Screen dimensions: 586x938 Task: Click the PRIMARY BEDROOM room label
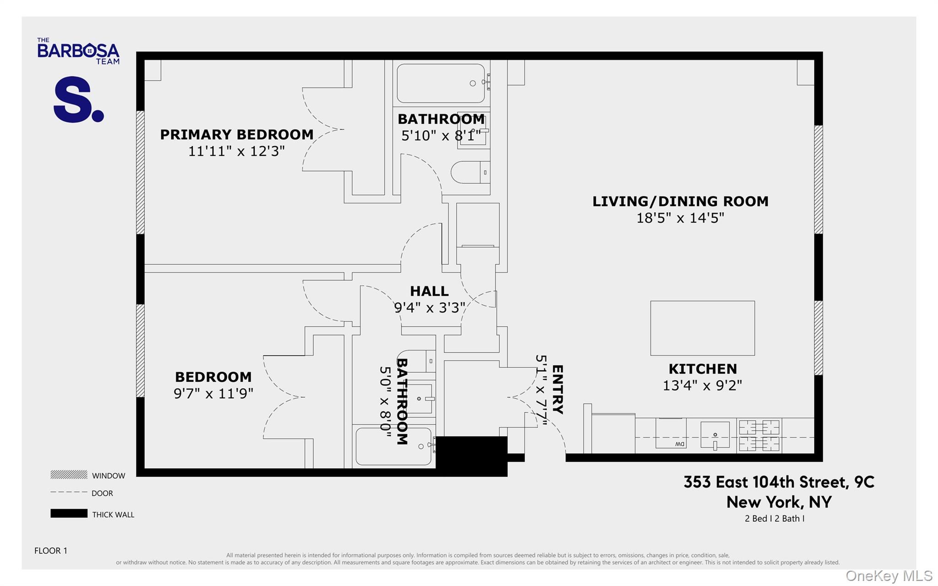236,135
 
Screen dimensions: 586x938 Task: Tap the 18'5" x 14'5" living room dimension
680,218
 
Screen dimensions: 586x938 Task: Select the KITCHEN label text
703,369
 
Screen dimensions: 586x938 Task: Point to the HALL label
429,291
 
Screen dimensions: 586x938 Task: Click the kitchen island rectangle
702,328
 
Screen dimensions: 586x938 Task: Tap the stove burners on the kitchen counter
759,435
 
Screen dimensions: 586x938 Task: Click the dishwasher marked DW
671,433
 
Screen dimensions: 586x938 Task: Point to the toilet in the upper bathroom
469,172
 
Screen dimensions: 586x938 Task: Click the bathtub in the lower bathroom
393,446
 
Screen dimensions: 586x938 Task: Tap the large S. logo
78,99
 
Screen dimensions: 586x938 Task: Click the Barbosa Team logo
78,51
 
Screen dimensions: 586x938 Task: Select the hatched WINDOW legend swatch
69,475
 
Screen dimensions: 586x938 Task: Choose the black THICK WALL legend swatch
69,514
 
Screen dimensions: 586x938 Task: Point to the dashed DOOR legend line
69,493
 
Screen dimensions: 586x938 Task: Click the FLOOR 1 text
51,551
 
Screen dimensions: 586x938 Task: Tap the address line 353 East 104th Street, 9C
779,482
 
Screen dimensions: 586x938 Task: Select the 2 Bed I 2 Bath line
774,519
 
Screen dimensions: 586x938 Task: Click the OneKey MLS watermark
889,576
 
